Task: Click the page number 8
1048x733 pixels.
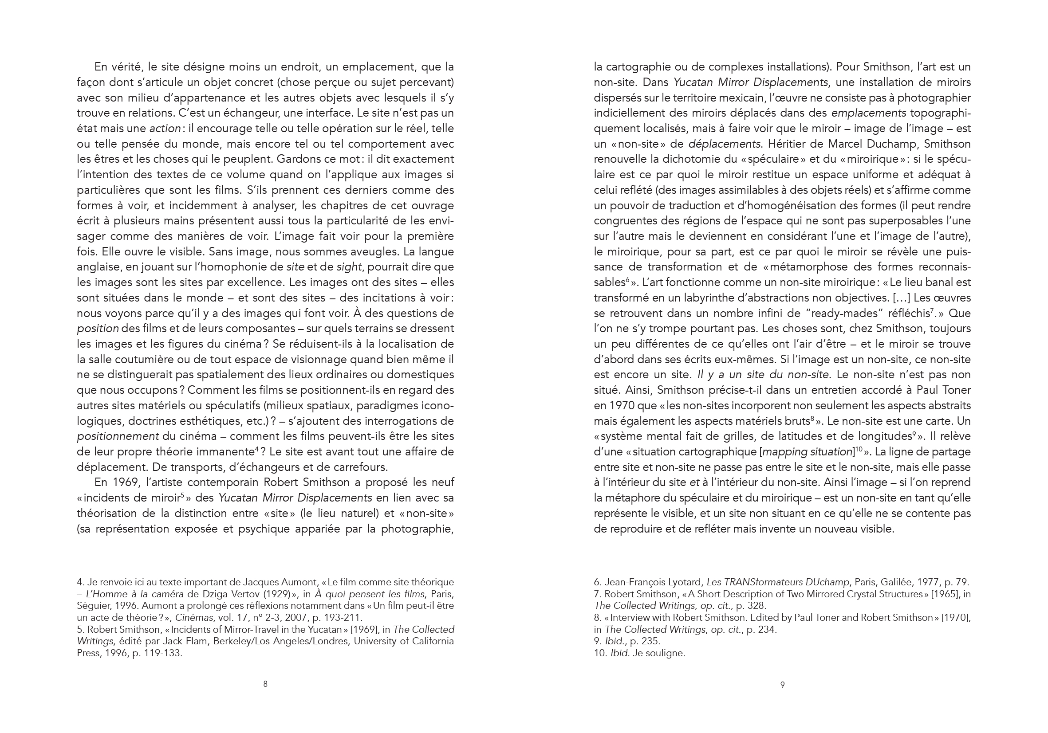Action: click(265, 684)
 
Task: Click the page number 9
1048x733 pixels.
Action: click(782, 685)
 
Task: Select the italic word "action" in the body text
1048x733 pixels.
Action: click(165, 129)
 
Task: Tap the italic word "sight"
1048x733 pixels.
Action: click(349, 267)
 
